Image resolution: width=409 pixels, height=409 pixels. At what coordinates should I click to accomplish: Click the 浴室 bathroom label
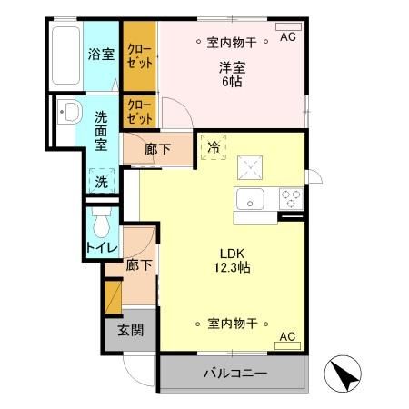tap(101, 54)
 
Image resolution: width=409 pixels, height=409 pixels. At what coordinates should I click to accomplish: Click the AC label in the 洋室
tap(287, 37)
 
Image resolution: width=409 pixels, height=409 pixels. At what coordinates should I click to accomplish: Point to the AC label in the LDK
tap(287, 337)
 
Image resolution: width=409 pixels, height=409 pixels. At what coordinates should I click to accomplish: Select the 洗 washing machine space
tap(102, 181)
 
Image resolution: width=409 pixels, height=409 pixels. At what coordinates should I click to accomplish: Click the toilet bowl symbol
tap(101, 221)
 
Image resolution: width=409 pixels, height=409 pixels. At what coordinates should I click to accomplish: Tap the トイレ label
tap(100, 247)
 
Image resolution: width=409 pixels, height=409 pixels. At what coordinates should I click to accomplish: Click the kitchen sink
tap(249, 199)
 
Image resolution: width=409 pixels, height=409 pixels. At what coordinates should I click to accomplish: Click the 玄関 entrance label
tap(130, 330)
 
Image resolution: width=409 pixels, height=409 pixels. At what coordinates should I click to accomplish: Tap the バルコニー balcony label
tap(234, 374)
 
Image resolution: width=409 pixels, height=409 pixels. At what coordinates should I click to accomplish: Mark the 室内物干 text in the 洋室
tap(234, 41)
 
